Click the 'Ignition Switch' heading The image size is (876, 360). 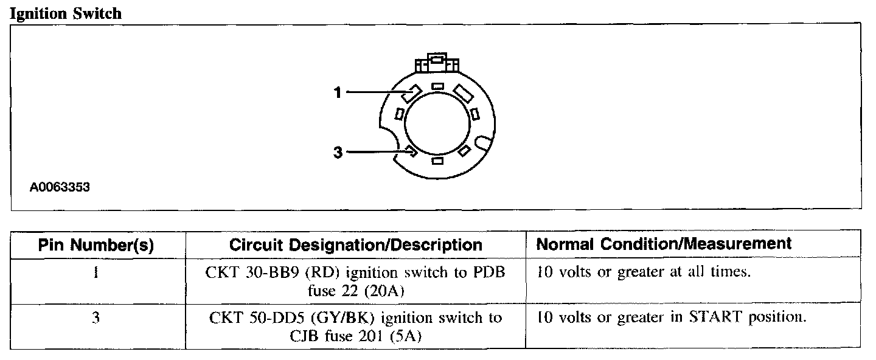[x=66, y=13]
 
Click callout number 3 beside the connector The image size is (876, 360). [x=338, y=151]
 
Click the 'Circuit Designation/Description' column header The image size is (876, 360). [x=356, y=244]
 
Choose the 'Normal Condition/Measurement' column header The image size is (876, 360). [x=664, y=244]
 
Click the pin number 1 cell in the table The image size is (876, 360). [x=96, y=272]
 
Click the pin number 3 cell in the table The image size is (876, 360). [x=96, y=318]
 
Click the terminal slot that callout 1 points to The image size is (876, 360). [x=412, y=93]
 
